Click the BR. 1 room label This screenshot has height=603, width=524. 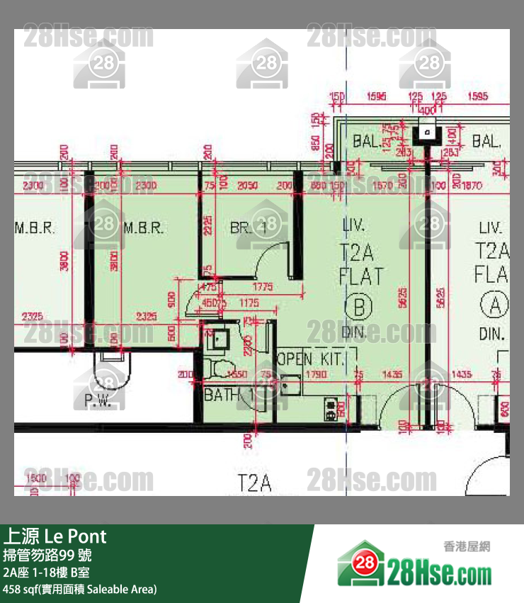tap(248, 228)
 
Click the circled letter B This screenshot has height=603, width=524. tap(358, 307)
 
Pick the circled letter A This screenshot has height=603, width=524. tap(493, 305)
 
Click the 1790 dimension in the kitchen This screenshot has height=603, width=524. tap(317, 373)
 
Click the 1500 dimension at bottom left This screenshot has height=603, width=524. tap(35, 478)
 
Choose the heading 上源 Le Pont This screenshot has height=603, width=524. tap(55, 536)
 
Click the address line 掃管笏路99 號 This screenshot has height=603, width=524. tap(47, 555)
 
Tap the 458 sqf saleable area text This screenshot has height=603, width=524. tap(79, 589)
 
